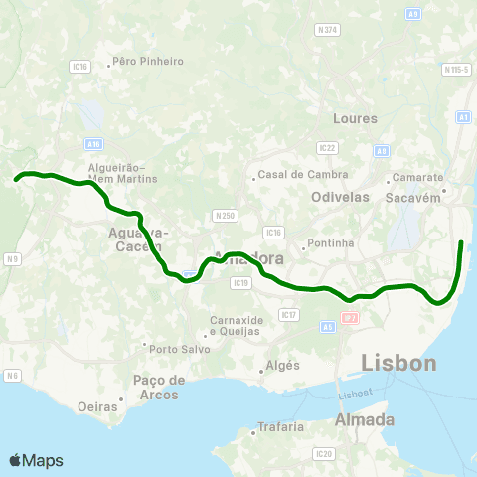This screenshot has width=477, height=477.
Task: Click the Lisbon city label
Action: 398,364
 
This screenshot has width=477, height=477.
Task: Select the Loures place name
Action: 357,118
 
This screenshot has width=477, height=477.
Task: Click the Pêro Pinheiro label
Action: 149,61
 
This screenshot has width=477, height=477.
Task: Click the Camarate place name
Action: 417,177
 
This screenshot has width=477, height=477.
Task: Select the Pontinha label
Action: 331,242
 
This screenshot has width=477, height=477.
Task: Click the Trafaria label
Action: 280,427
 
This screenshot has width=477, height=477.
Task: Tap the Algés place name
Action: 282,366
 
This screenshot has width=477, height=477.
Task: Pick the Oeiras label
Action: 98,406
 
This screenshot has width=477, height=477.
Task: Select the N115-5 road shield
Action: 456,70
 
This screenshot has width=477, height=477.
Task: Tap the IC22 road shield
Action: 327,147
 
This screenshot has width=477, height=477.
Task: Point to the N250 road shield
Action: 225,215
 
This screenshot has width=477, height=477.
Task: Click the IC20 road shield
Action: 323,454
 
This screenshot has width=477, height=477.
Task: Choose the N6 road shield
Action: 12,375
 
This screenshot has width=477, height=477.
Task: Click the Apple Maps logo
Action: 36,460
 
